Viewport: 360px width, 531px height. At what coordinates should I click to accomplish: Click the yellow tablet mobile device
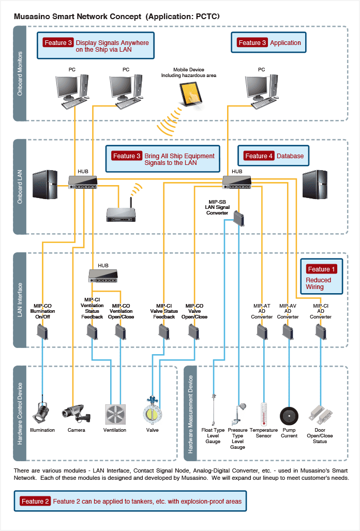(x=191, y=94)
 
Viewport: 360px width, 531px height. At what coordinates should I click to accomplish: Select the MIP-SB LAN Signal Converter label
(x=217, y=207)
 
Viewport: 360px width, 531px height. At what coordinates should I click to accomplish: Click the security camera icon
(x=76, y=413)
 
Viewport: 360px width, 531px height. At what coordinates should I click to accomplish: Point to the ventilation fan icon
(x=115, y=414)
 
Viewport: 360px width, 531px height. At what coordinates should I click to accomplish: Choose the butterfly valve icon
(x=153, y=411)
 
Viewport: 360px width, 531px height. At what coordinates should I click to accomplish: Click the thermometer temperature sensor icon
(x=264, y=414)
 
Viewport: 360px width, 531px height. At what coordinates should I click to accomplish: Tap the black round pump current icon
(x=289, y=416)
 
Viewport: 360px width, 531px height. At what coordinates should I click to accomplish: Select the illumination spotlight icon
(x=41, y=411)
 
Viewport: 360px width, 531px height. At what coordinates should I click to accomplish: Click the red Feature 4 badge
(x=259, y=156)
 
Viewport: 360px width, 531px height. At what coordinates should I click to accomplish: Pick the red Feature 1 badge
(x=321, y=269)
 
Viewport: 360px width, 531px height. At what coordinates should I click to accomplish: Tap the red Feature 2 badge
(x=35, y=501)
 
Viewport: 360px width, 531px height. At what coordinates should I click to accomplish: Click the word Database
(x=290, y=156)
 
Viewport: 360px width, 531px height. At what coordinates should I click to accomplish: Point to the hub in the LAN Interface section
(x=103, y=276)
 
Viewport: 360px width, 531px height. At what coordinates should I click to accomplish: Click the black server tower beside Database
(x=314, y=185)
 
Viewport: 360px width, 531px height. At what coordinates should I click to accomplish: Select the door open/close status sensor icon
(x=320, y=415)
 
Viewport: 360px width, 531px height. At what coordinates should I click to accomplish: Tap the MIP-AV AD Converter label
(x=288, y=311)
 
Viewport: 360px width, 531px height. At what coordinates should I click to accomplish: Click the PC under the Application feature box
(x=261, y=92)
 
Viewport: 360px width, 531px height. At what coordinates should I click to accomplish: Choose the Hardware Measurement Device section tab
(x=190, y=413)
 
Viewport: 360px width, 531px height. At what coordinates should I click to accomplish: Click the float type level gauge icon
(x=214, y=410)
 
